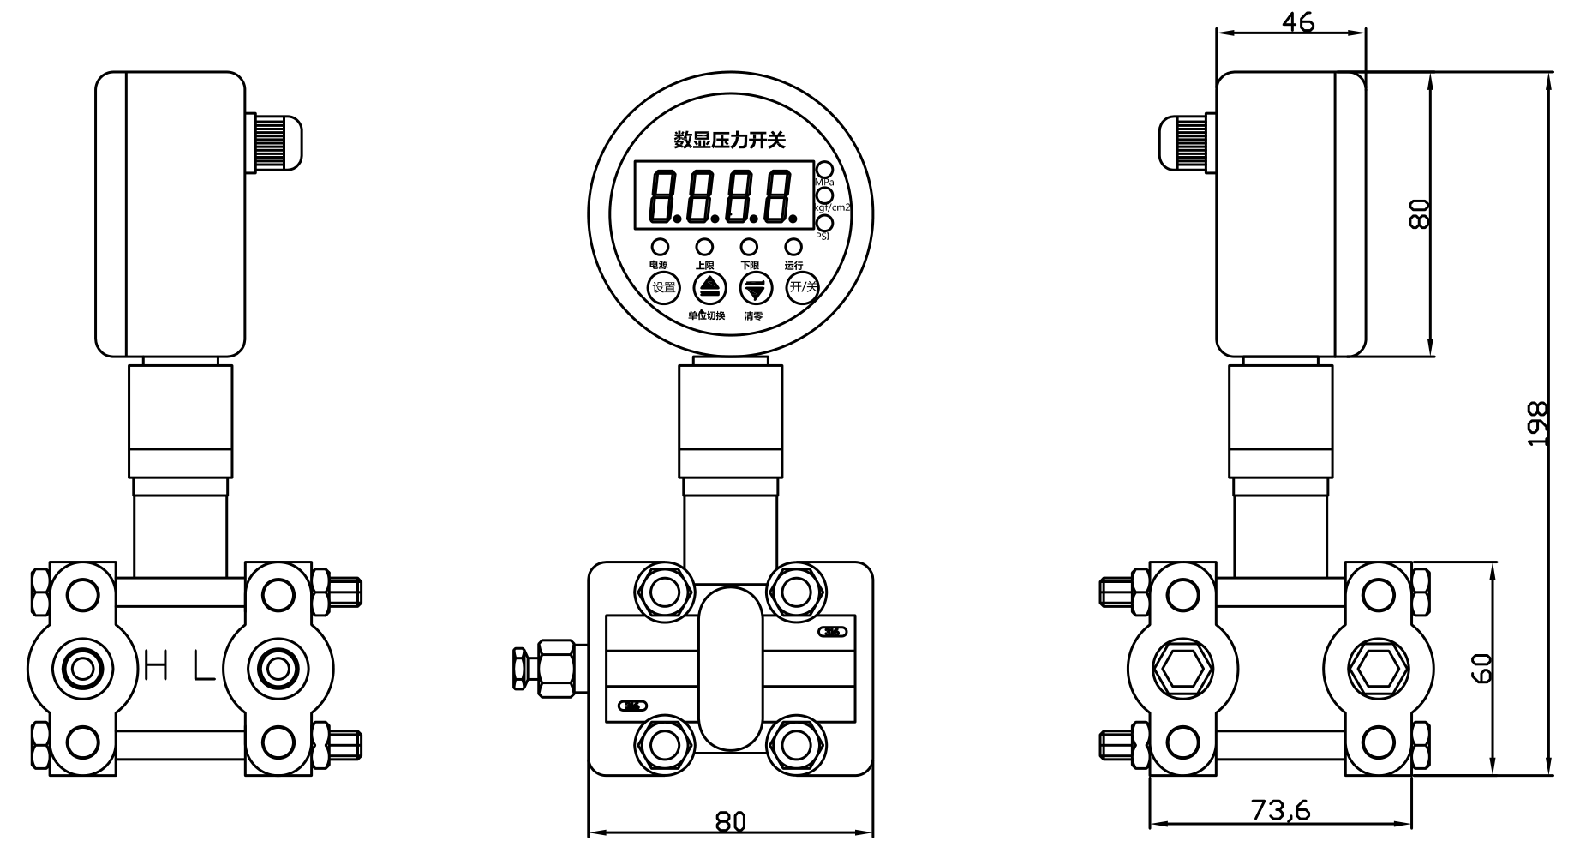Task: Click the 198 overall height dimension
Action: point(1538,423)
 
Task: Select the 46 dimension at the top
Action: point(1297,22)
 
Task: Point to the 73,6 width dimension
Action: point(1280,808)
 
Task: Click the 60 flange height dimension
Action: point(1482,668)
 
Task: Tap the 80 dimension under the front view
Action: point(730,821)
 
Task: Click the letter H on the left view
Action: point(156,666)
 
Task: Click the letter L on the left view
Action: point(203,666)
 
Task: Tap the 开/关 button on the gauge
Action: point(802,287)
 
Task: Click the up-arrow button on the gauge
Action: point(709,288)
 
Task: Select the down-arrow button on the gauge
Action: point(755,288)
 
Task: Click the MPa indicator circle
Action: point(824,170)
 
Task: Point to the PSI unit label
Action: point(822,237)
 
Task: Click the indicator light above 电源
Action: point(660,247)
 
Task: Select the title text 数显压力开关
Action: point(729,140)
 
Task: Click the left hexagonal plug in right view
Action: point(1182,669)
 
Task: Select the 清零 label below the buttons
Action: point(753,316)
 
